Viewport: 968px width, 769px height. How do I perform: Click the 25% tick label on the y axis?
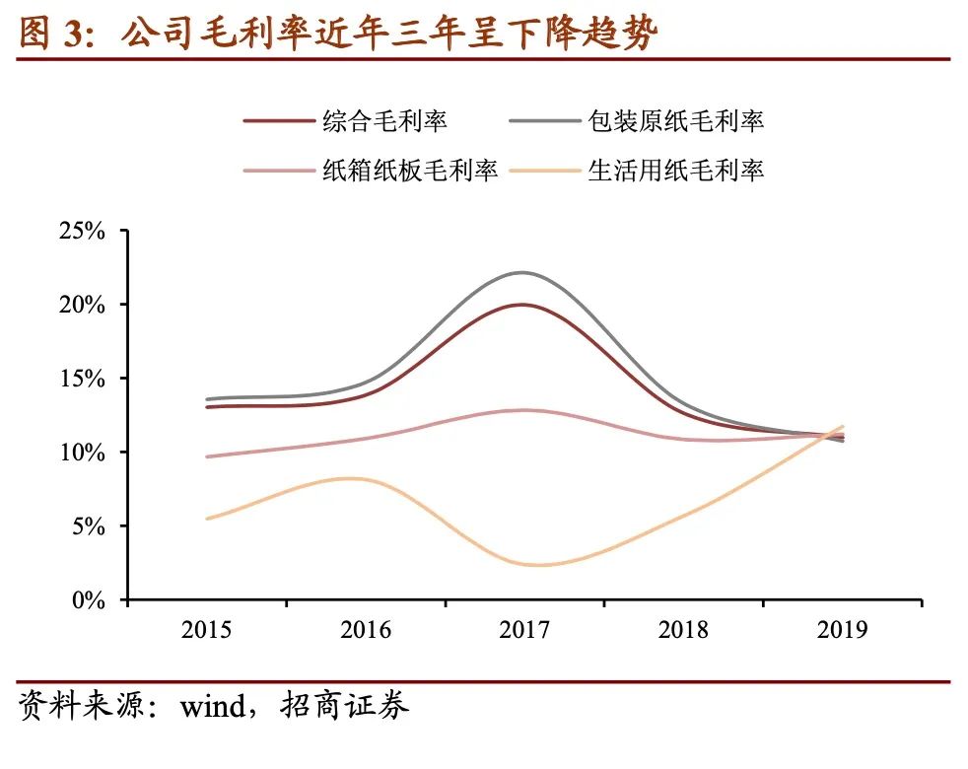(81, 232)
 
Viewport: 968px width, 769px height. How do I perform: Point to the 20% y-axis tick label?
(81, 305)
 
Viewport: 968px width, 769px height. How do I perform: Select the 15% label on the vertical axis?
(81, 379)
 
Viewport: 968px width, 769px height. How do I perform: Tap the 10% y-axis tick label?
(81, 453)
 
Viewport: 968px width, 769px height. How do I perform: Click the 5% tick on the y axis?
(87, 526)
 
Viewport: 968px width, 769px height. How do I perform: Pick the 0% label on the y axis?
(87, 599)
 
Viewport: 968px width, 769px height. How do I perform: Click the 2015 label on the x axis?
(206, 630)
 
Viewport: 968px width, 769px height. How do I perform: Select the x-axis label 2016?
(365, 630)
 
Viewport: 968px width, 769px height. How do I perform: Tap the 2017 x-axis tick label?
(523, 630)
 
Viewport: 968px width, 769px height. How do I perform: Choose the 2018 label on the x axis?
(682, 630)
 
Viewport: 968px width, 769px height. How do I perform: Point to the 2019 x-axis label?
(842, 630)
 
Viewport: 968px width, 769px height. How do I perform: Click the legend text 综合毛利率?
(385, 120)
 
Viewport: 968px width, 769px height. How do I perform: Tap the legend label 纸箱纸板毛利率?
(410, 170)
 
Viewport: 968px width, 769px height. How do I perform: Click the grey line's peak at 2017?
(523, 272)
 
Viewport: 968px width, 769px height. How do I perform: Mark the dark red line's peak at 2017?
(523, 305)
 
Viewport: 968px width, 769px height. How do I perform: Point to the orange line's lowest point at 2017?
(532, 565)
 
